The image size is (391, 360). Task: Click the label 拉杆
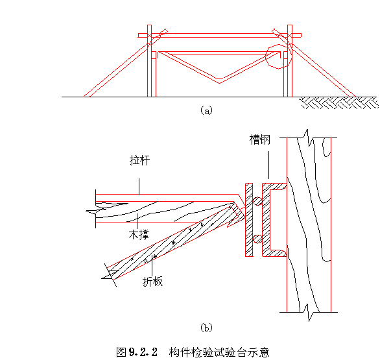click(x=140, y=160)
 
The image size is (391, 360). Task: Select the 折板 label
click(x=153, y=282)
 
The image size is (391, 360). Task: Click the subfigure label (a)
click(x=206, y=111)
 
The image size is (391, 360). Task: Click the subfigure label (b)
click(x=206, y=328)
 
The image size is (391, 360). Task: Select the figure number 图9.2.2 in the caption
click(x=137, y=352)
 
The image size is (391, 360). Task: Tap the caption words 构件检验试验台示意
click(x=218, y=352)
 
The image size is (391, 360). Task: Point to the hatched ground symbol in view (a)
click(x=337, y=102)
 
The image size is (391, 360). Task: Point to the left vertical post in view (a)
click(x=150, y=65)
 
